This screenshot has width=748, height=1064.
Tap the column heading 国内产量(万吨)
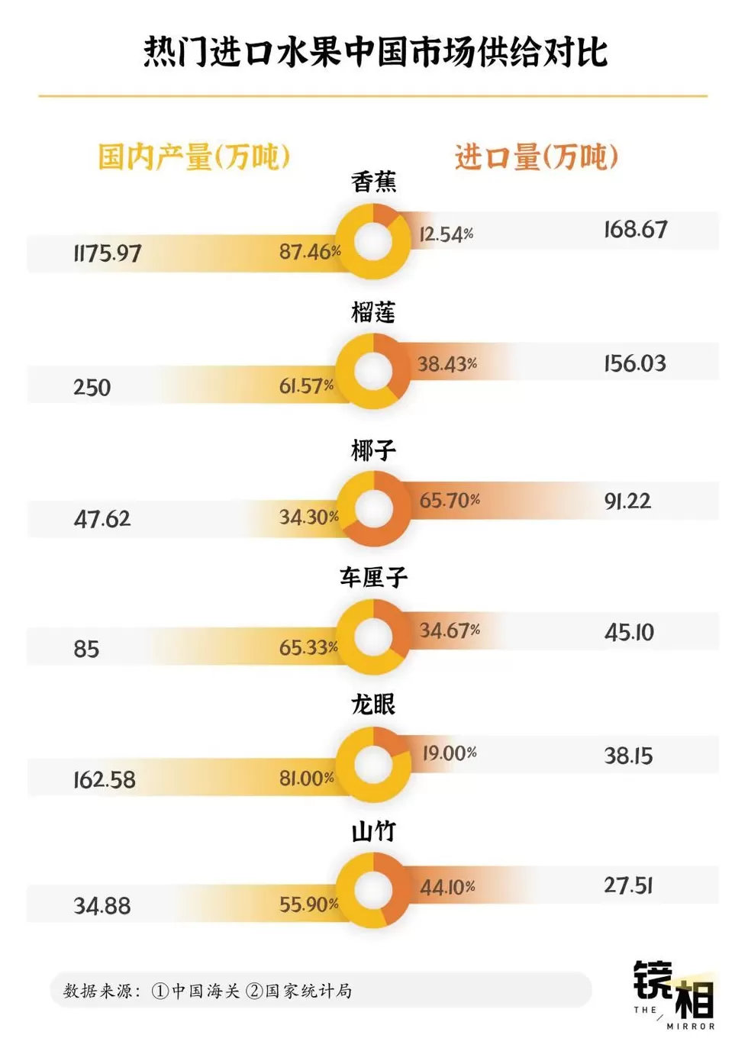click(194, 157)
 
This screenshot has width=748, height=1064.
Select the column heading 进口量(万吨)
click(536, 157)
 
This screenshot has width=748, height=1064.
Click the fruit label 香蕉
click(373, 182)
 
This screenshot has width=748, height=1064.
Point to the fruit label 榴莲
click(373, 312)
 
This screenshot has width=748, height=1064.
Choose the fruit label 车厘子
click(373, 577)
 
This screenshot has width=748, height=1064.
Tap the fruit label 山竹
click(373, 831)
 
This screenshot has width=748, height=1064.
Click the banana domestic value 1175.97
click(108, 253)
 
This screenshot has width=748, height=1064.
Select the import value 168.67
click(635, 229)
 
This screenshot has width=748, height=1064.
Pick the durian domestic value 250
click(92, 388)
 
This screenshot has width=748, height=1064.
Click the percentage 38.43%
click(447, 364)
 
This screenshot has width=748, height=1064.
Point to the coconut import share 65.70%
click(450, 501)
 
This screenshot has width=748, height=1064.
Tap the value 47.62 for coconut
click(102, 519)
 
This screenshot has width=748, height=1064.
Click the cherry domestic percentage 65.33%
click(308, 648)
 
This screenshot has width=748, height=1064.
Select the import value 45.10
click(629, 632)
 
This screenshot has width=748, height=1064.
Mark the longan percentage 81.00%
click(307, 779)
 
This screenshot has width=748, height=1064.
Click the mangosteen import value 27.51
click(628, 885)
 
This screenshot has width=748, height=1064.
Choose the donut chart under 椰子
click(374, 508)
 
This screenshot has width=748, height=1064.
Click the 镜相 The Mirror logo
click(674, 994)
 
